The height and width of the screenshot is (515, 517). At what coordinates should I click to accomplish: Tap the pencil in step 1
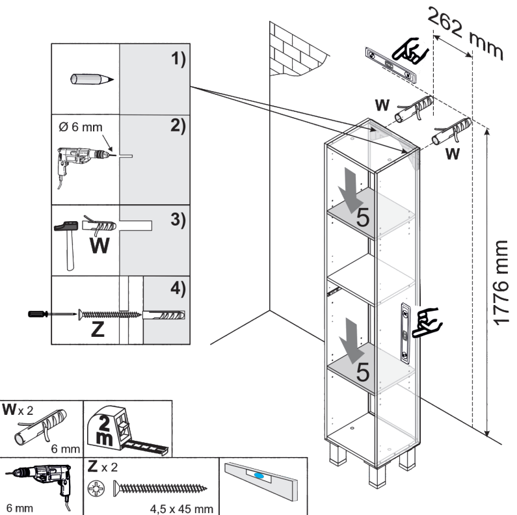click(x=91, y=79)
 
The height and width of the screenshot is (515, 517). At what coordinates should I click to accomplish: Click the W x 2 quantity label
click(x=20, y=411)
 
